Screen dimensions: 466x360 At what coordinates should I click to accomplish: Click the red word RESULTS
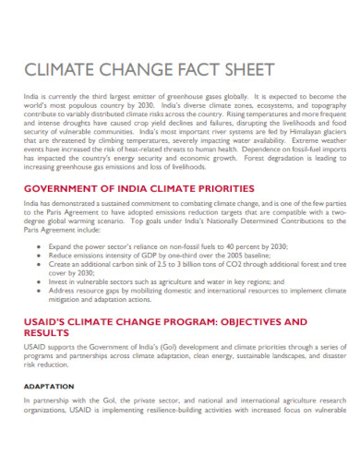tap(52, 334)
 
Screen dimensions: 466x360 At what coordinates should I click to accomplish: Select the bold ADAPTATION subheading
tap(50, 386)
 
